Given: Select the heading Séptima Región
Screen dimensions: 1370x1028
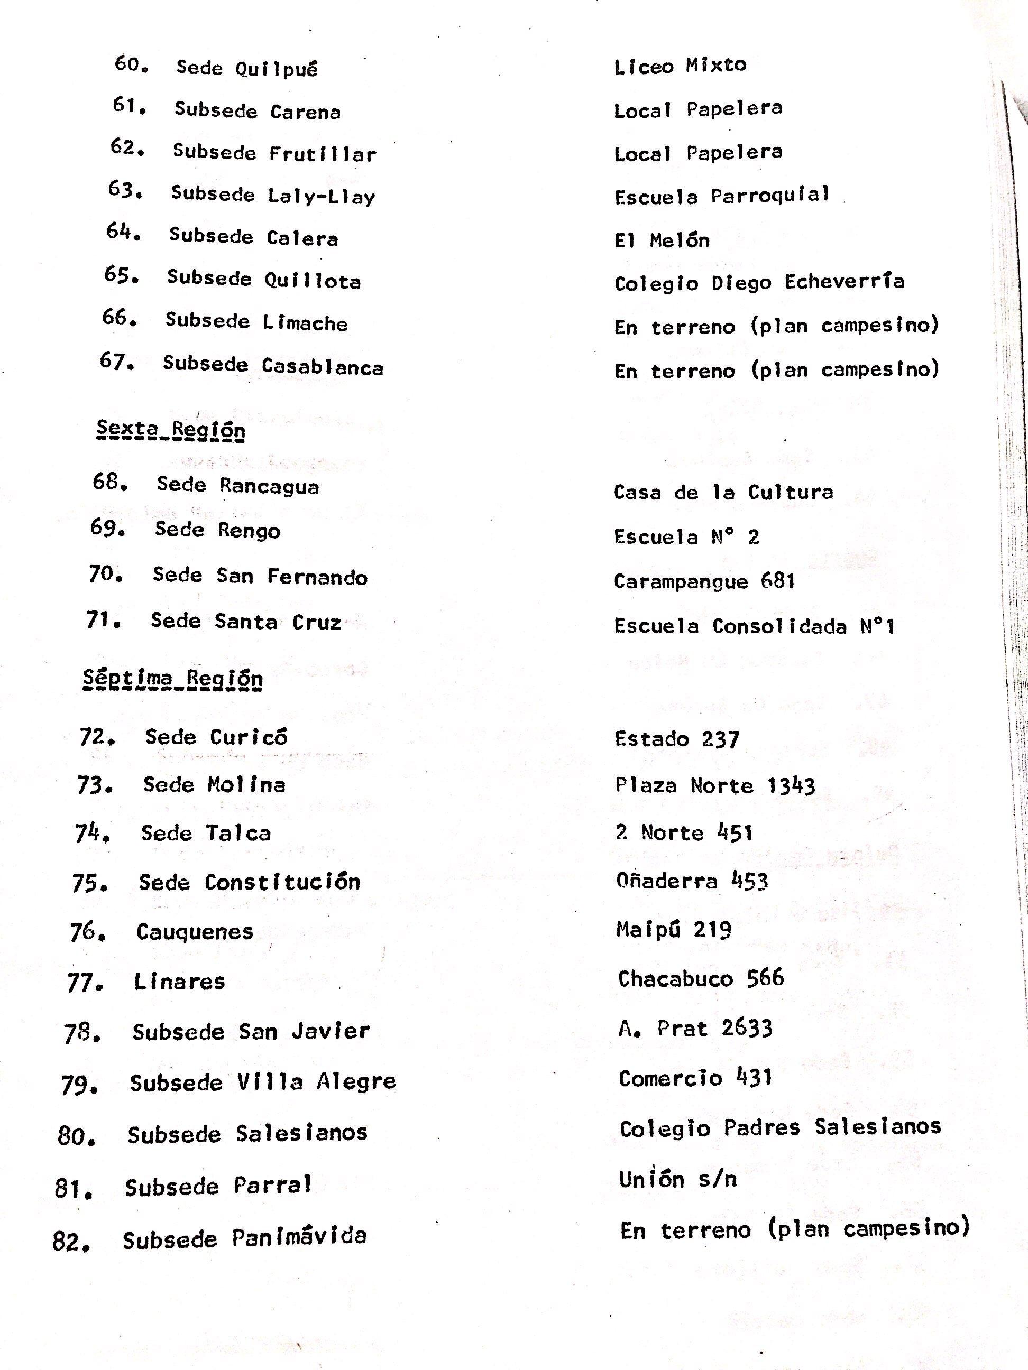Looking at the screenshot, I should click(x=173, y=678).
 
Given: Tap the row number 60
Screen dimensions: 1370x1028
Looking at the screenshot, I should click(x=131, y=64).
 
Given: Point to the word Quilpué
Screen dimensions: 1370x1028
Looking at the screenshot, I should click(x=277, y=69).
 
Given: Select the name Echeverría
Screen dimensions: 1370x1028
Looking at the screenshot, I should click(x=844, y=282).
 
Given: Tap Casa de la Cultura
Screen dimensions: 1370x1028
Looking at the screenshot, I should click(x=723, y=493).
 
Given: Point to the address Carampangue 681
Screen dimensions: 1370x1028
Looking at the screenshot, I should click(x=704, y=581).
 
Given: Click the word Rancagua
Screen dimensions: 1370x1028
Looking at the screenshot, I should click(x=270, y=486).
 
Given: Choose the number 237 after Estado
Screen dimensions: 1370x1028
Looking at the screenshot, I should click(x=721, y=739).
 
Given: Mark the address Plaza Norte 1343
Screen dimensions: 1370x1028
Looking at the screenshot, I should click(x=714, y=786).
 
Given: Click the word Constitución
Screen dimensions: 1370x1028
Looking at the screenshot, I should click(x=282, y=882).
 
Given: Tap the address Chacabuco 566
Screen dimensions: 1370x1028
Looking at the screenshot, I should click(x=701, y=978).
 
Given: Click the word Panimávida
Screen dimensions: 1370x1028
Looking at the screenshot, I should click(x=299, y=1237).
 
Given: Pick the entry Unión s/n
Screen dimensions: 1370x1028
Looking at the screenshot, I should click(x=678, y=1179).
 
